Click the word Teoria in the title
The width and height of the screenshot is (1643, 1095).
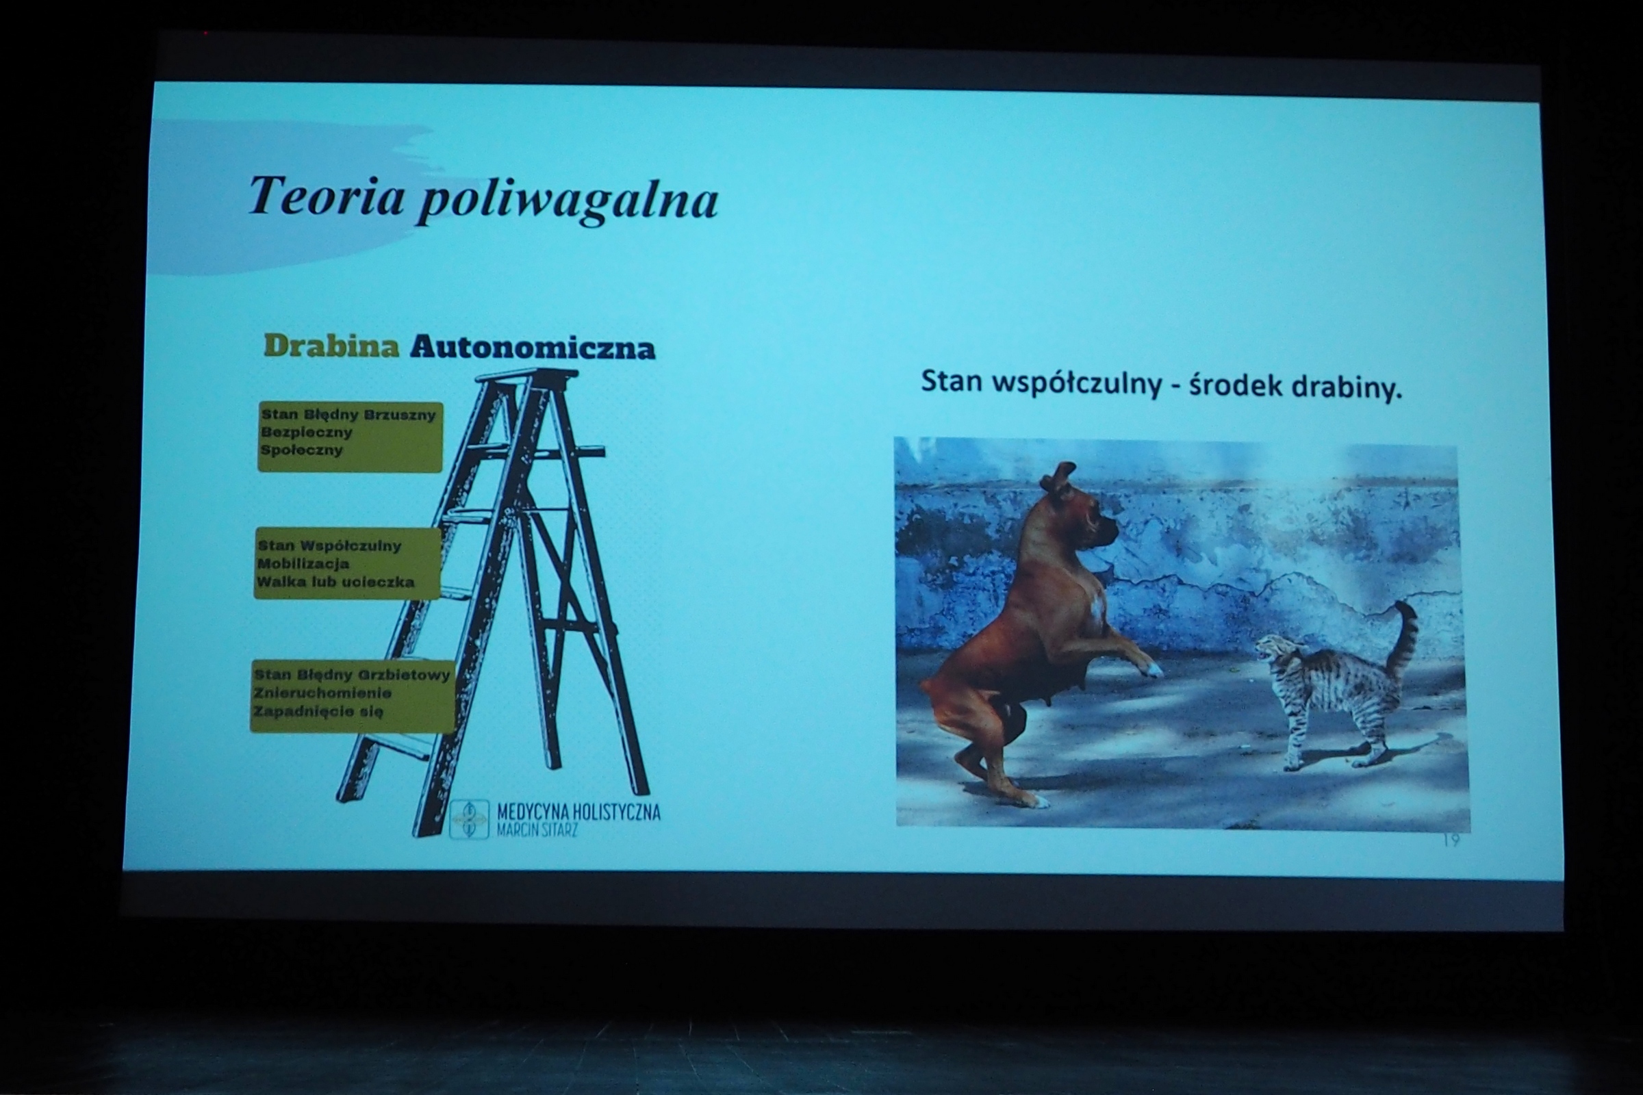coord(327,196)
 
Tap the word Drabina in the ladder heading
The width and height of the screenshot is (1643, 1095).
coord(332,346)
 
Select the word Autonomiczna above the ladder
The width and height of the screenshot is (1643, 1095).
coord(533,347)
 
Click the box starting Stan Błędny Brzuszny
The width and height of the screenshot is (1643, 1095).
coord(350,437)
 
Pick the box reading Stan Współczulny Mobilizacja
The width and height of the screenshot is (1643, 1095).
coord(348,563)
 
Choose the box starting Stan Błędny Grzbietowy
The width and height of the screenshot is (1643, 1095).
coord(353,696)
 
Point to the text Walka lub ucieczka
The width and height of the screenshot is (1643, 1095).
coord(335,582)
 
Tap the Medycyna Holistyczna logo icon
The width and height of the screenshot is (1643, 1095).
coord(469,819)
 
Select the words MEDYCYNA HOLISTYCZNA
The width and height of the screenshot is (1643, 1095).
coord(578,812)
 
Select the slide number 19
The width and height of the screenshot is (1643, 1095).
coord(1451,840)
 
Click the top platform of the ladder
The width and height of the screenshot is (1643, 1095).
coord(526,376)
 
